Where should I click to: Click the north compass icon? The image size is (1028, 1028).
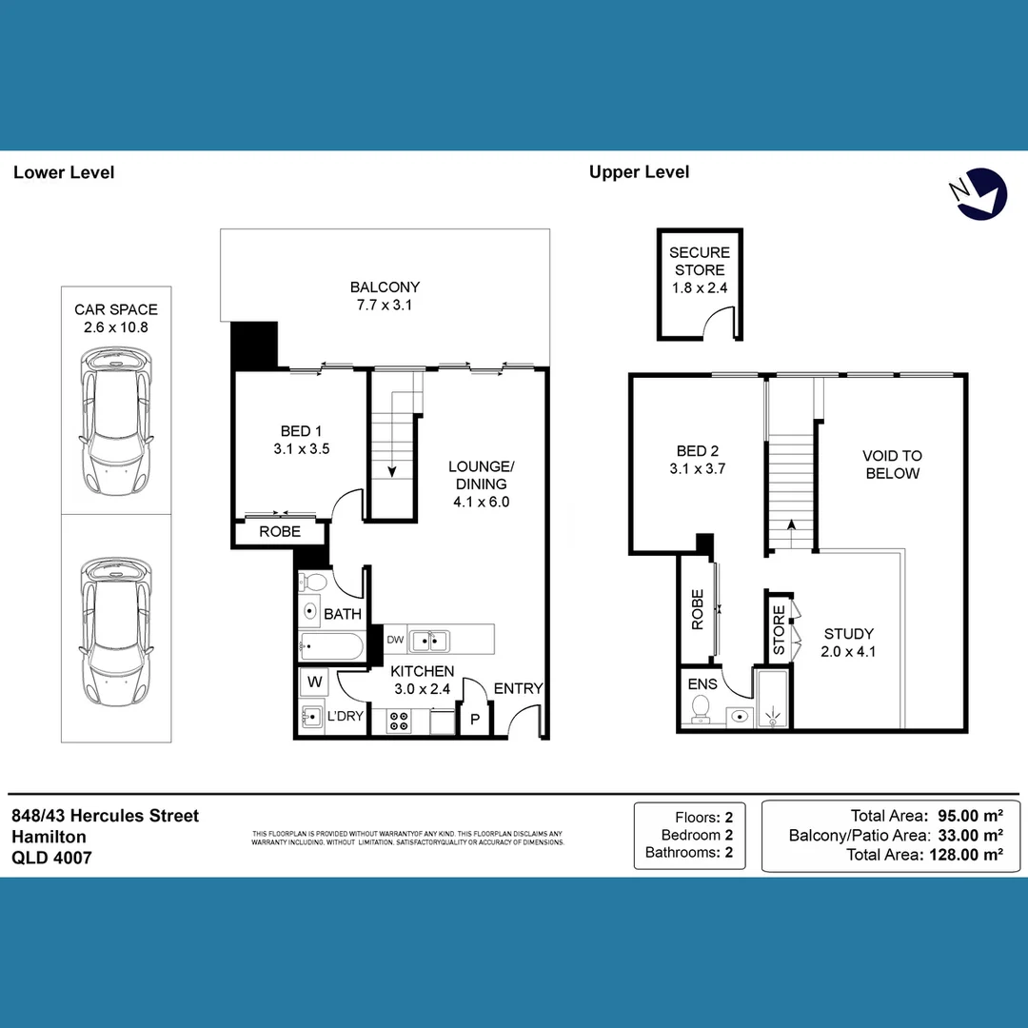[981, 193]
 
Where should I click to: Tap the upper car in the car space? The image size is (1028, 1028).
[116, 421]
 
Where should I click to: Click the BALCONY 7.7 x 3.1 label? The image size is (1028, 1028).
[385, 296]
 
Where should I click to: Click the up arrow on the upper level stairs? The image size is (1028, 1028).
[791, 526]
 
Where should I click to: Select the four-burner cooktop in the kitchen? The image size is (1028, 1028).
[399, 722]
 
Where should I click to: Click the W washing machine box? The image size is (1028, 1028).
[312, 682]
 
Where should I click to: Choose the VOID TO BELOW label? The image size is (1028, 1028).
[892, 465]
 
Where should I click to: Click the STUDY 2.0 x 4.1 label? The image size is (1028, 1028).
[849, 642]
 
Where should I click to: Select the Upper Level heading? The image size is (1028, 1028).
[639, 172]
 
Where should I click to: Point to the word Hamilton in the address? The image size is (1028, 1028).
[49, 837]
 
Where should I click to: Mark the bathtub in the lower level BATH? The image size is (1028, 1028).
[329, 648]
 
